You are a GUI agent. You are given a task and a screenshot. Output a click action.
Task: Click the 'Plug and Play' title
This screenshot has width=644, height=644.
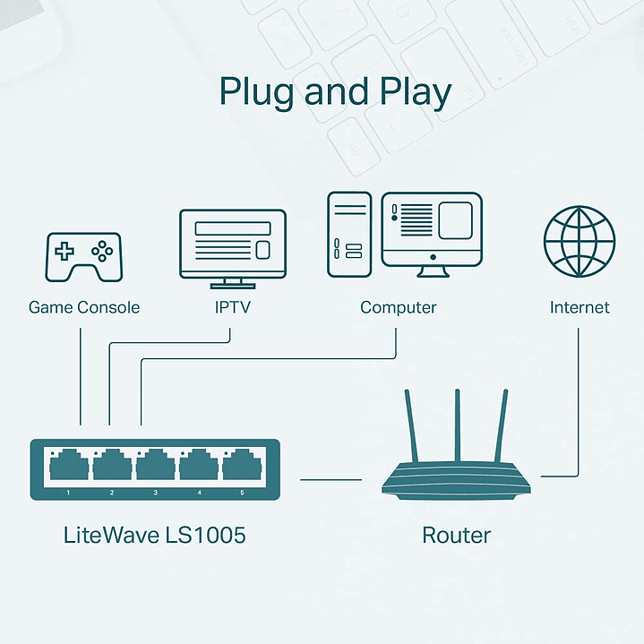(336, 93)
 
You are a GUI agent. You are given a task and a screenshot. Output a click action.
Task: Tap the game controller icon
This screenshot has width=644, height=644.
(84, 257)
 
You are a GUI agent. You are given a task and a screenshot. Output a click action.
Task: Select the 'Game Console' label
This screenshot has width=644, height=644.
(84, 307)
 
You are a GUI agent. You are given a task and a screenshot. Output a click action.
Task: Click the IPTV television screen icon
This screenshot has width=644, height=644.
(233, 245)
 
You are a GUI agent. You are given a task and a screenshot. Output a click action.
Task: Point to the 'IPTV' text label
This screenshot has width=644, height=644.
(232, 307)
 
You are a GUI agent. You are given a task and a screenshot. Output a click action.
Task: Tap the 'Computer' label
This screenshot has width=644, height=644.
(398, 307)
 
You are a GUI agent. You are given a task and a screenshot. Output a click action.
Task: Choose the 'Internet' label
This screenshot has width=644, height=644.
(580, 307)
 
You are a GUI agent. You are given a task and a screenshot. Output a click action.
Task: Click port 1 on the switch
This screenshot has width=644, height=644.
(69, 466)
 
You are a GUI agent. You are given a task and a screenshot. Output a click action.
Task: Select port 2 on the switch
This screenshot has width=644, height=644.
(112, 466)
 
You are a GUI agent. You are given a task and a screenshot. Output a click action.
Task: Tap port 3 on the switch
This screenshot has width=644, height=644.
(155, 466)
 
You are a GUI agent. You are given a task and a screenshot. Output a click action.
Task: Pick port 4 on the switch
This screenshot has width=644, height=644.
(198, 466)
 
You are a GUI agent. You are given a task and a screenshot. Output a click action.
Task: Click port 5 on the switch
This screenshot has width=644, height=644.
(241, 466)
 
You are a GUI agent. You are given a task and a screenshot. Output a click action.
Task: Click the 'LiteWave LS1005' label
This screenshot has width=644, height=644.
(154, 536)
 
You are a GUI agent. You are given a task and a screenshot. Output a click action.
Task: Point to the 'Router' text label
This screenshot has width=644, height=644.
(456, 536)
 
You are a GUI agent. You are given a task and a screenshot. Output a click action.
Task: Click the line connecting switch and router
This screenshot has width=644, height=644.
(330, 479)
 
